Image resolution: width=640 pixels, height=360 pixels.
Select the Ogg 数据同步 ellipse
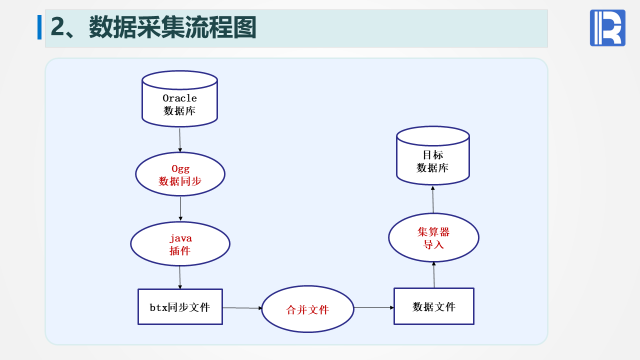[x=180, y=174]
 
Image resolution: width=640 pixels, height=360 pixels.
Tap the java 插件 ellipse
[x=180, y=244]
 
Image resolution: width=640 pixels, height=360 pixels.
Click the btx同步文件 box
[x=180, y=306]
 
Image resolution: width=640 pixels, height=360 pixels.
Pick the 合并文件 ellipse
[x=307, y=309]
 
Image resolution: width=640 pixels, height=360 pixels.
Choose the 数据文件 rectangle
[x=433, y=306]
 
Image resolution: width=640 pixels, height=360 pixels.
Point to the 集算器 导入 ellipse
[x=433, y=237]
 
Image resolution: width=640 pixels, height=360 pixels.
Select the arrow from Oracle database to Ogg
[x=180, y=139]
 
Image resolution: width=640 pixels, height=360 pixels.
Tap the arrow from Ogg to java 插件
[x=180, y=208]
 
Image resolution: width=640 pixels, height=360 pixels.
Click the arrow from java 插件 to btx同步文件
[x=180, y=277]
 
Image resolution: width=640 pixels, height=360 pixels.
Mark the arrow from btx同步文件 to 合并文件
[x=242, y=308]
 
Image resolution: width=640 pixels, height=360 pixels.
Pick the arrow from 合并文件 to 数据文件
[x=373, y=307]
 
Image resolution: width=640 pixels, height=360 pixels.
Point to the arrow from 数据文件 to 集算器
[x=434, y=274]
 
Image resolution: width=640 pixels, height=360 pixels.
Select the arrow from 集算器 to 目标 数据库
[x=433, y=199]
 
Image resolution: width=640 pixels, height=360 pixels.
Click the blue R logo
[x=607, y=28]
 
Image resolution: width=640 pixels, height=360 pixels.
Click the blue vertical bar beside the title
[x=39, y=27]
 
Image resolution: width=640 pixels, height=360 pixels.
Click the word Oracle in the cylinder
[x=179, y=98]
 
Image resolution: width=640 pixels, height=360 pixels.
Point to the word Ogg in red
[x=180, y=169]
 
